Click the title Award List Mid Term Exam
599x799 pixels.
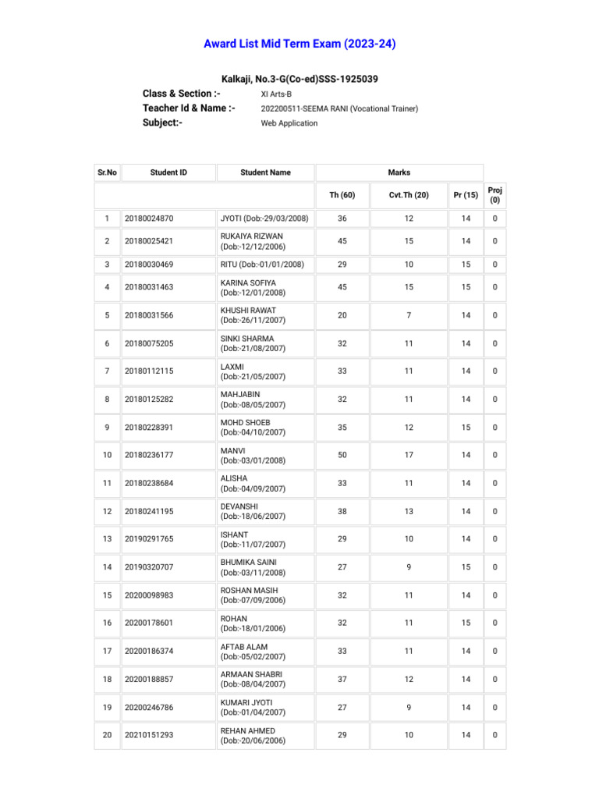299,44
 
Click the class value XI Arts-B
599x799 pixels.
276,94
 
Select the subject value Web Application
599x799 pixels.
289,123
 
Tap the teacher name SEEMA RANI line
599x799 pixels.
338,109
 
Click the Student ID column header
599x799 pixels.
168,172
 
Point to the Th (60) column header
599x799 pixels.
342,195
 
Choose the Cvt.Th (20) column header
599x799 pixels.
409,195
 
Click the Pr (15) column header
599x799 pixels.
466,195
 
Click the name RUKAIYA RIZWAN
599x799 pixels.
252,236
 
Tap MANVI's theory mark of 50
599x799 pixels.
342,455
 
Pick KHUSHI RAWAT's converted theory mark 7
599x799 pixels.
409,315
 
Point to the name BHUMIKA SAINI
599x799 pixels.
249,562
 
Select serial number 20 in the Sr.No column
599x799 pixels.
107,735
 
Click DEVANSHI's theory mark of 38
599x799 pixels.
342,511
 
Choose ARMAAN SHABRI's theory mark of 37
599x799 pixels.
342,679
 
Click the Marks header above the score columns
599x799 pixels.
399,172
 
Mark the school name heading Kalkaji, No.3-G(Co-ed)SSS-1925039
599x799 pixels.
299,80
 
